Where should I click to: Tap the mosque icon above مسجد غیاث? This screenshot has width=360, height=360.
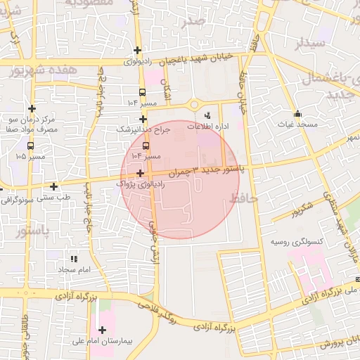click(x=297, y=113)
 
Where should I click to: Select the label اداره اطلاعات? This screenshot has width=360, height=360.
click(x=213, y=126)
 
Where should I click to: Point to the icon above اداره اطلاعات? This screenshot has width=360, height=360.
click(x=207, y=115)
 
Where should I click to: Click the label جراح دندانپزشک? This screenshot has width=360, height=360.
click(x=144, y=130)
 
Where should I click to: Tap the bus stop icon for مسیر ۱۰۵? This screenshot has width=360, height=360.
click(x=30, y=145)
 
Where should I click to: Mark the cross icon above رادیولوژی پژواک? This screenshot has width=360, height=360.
click(x=141, y=173)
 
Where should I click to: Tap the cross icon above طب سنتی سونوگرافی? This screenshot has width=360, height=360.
click(x=54, y=187)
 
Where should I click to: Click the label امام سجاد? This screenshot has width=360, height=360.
click(x=76, y=270)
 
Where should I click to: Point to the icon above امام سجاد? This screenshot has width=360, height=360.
click(x=74, y=259)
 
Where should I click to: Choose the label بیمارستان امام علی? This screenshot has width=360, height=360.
click(x=101, y=341)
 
